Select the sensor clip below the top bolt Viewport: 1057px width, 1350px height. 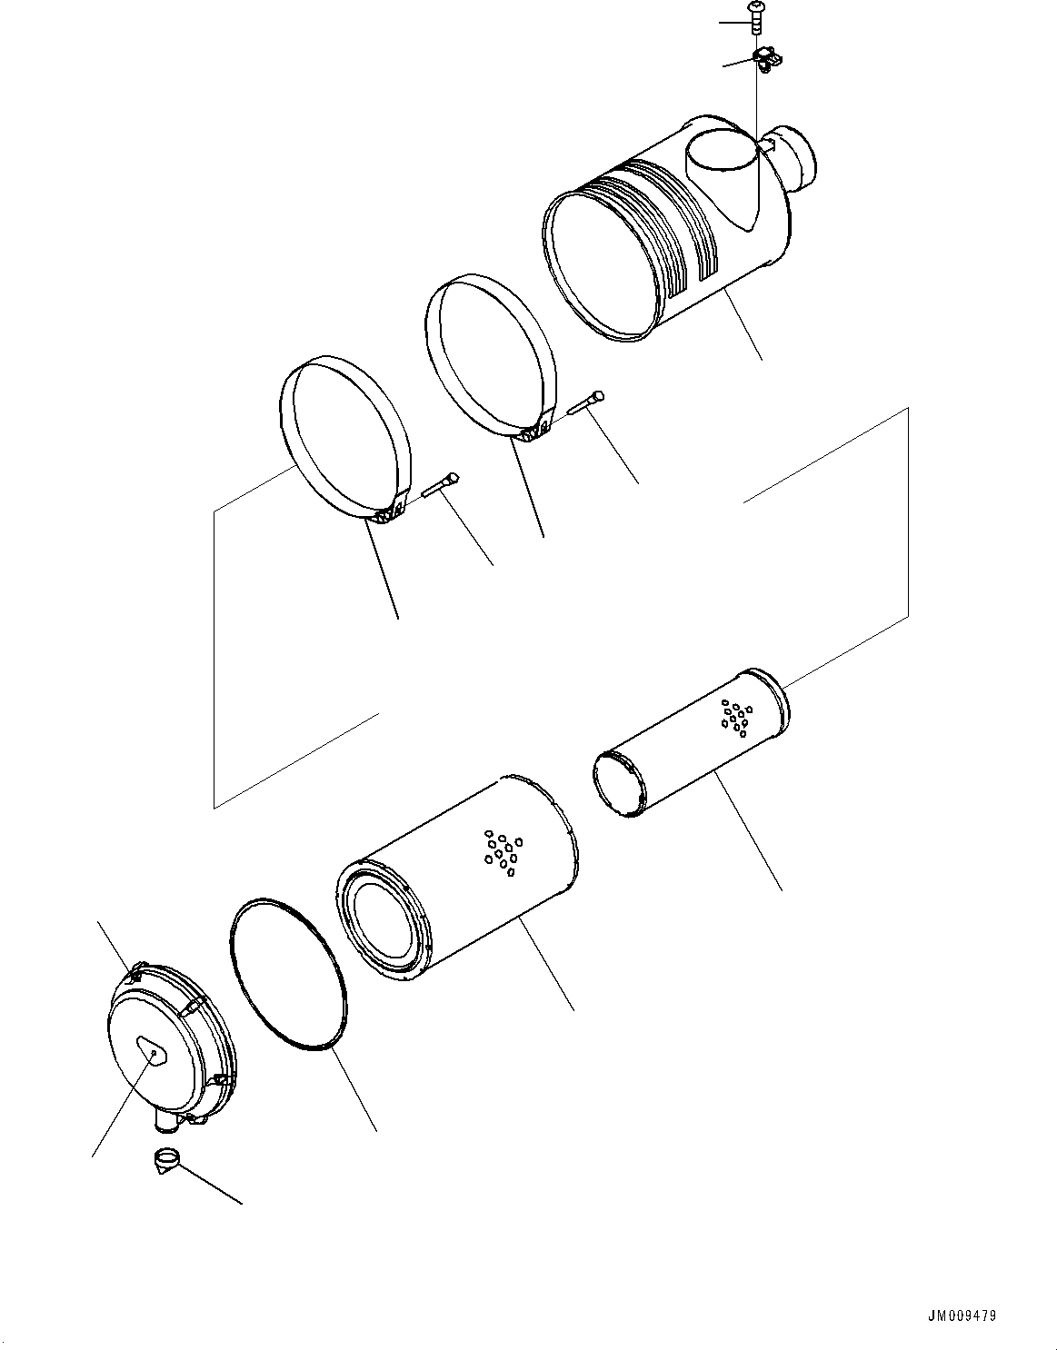pos(765,60)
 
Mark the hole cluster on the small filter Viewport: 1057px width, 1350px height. pos(735,716)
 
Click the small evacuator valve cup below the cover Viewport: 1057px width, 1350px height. pos(165,1159)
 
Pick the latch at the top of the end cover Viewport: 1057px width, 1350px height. pos(135,975)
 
